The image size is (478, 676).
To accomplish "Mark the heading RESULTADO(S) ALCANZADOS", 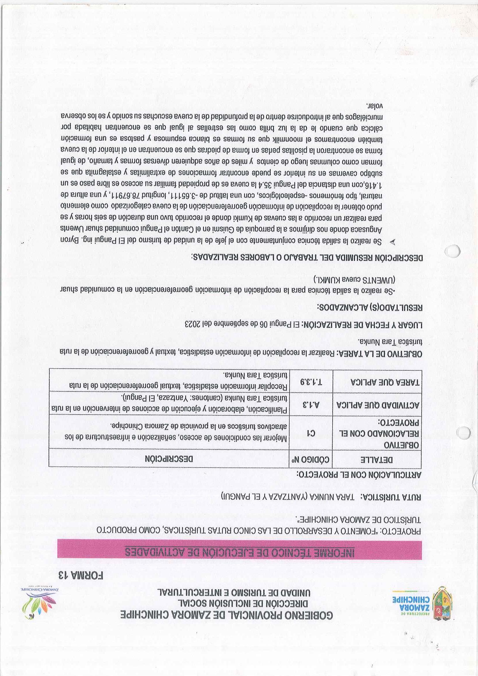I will click(x=370, y=308).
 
